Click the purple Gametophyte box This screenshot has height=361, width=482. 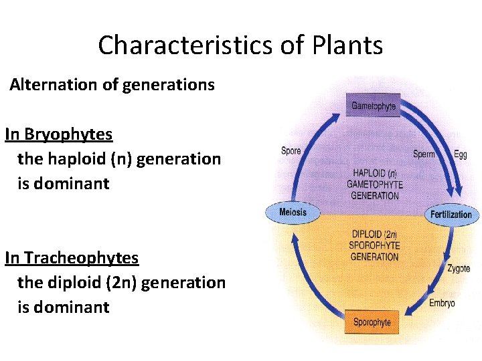[374, 106]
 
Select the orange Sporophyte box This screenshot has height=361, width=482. [372, 322]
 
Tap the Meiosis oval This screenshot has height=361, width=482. [293, 213]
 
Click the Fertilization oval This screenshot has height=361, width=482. [451, 215]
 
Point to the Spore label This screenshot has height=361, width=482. [291, 151]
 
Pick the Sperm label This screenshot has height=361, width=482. [423, 154]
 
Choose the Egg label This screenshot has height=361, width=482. [460, 154]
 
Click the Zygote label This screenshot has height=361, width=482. [459, 269]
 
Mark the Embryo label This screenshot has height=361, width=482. [442, 303]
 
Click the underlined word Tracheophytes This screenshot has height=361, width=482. [80, 257]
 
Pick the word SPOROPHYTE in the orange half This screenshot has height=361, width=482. [374, 246]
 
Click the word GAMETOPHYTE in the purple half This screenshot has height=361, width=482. [374, 184]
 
